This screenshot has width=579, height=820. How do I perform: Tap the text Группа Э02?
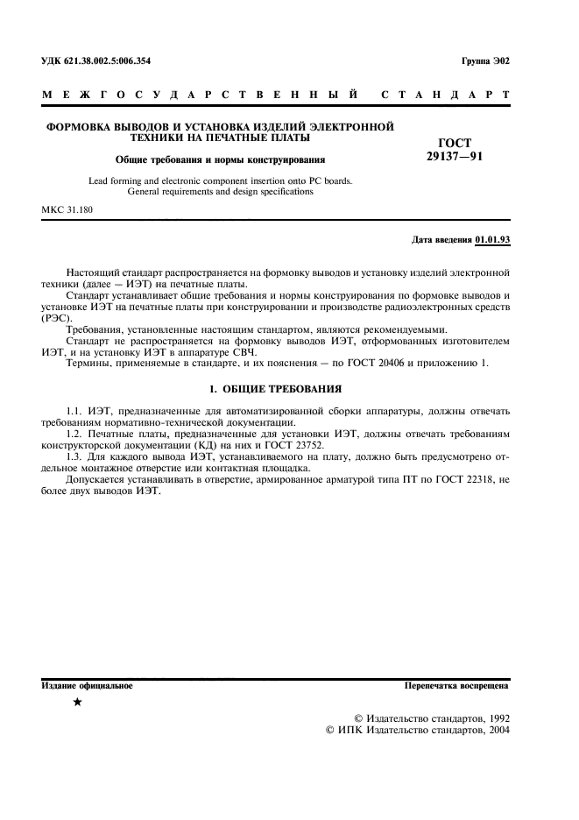click(484, 60)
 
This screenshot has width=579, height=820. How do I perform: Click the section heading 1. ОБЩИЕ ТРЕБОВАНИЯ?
click(276, 388)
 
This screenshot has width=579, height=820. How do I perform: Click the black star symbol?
click(79, 702)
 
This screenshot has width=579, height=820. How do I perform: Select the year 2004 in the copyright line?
click(496, 729)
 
